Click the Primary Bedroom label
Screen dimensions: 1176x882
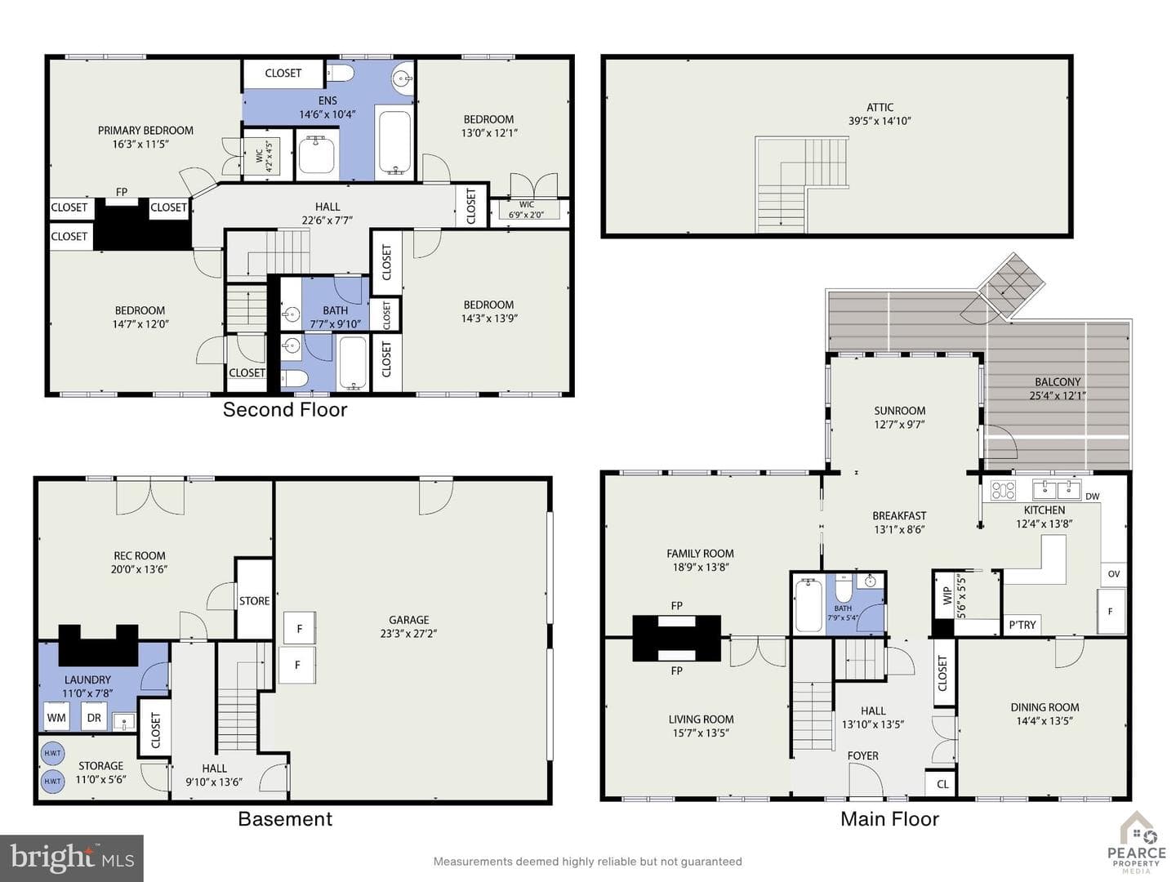coord(145,130)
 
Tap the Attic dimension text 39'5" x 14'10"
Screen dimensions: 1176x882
coord(880,121)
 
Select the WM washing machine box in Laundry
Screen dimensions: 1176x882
coord(57,717)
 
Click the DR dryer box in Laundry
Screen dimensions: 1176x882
coord(94,717)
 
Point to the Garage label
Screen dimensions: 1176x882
coord(409,620)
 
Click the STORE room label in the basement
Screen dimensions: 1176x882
coord(255,601)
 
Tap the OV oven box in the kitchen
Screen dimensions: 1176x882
coord(1114,573)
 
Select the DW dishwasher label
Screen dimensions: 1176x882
coord(1093,497)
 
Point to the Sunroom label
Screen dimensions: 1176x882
coord(899,411)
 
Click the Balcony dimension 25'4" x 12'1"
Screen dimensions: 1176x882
coord(1058,396)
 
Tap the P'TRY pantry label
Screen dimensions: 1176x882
coord(1022,625)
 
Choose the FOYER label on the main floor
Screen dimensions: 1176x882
coord(862,755)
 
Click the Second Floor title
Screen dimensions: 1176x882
coord(285,410)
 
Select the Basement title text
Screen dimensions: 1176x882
coord(285,819)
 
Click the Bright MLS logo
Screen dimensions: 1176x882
coord(72,857)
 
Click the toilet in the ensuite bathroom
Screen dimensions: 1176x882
coord(341,73)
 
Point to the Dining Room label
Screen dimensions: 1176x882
coord(1045,707)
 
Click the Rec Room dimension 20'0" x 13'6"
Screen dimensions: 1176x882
coord(140,569)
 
